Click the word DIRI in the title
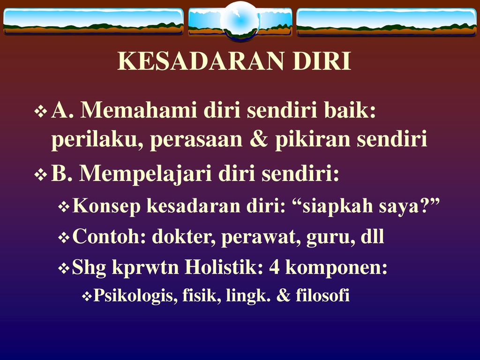322,61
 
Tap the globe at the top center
240,20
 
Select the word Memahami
139,110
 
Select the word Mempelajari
145,174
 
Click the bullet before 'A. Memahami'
40,112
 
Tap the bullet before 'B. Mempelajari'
40,175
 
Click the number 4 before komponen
274,267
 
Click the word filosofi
322,295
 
